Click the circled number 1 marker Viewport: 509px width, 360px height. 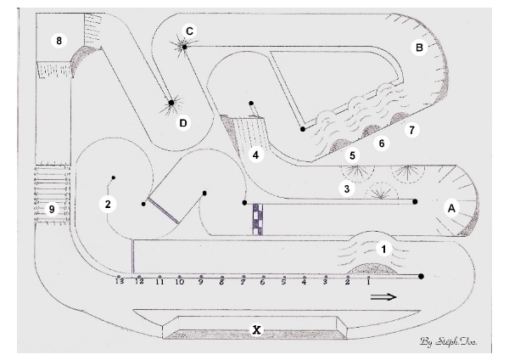coord(384,249)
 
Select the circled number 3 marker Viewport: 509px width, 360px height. coord(345,188)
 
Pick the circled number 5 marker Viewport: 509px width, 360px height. coord(354,155)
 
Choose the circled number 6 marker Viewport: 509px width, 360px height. coord(382,143)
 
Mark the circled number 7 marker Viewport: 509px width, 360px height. coord(412,131)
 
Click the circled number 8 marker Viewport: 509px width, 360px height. coord(59,40)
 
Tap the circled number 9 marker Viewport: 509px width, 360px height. coord(51,209)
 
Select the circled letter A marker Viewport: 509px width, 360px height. coord(451,207)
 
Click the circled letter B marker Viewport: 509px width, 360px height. coord(418,48)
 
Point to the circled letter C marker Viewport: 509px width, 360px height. coord(189,31)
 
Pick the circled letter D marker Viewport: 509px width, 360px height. coord(182,123)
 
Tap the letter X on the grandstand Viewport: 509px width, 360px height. coord(255,329)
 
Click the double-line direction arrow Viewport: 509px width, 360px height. coord(383,296)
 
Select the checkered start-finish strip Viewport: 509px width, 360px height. coord(257,218)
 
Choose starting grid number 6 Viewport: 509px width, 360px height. coord(263,283)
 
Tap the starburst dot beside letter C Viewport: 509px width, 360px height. coord(183,47)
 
